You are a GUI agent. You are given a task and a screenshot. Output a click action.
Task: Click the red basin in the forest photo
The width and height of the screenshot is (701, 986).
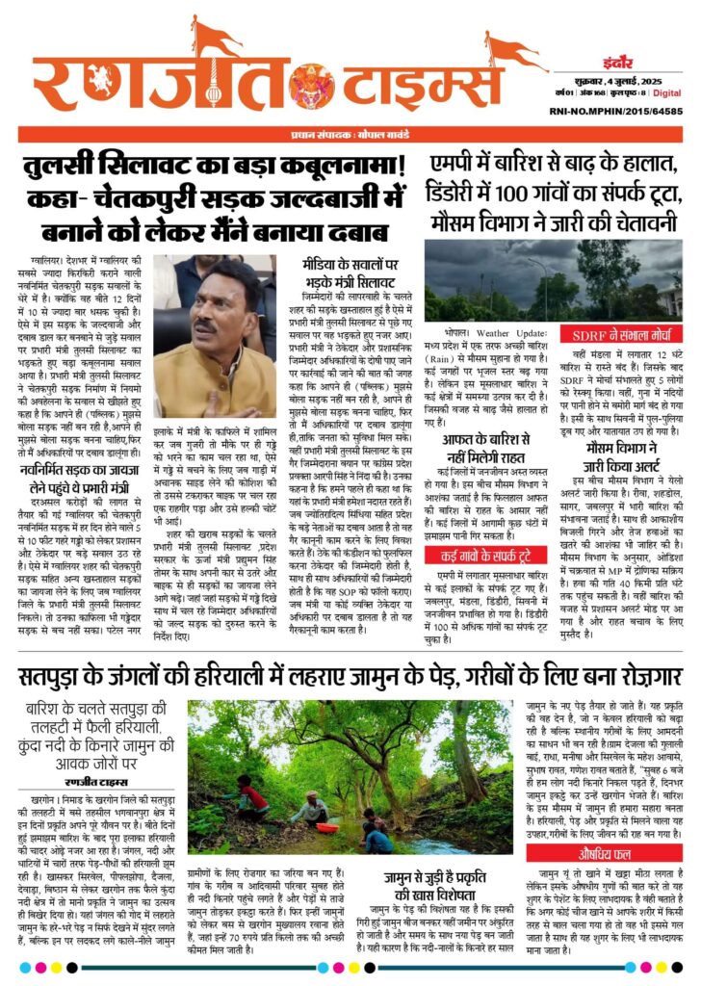click(326, 828)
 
